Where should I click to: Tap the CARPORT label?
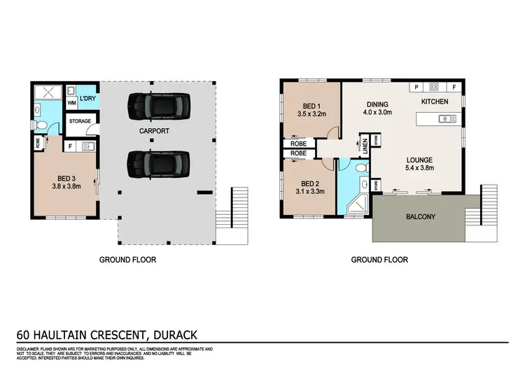tap(155, 132)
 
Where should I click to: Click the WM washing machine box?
tap(71, 103)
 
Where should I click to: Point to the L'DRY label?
tap(87, 98)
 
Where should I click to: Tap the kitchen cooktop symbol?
tap(434, 87)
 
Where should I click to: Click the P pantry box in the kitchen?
tap(416, 87)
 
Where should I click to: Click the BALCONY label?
tap(420, 217)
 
